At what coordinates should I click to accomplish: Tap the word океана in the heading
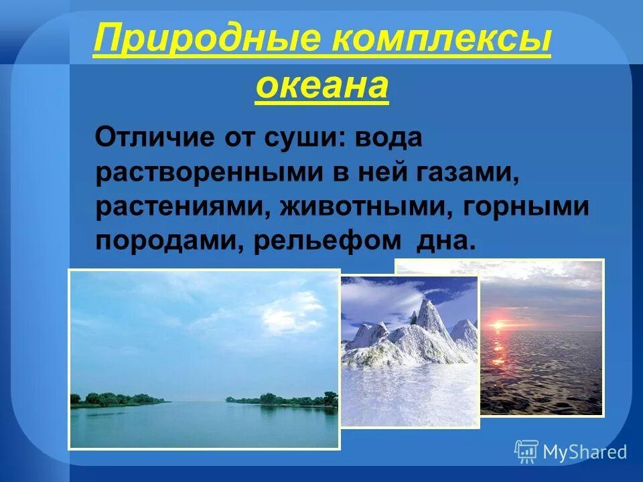(321, 86)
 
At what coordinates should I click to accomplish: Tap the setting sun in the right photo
(499, 325)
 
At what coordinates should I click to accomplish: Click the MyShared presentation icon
(526, 451)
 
